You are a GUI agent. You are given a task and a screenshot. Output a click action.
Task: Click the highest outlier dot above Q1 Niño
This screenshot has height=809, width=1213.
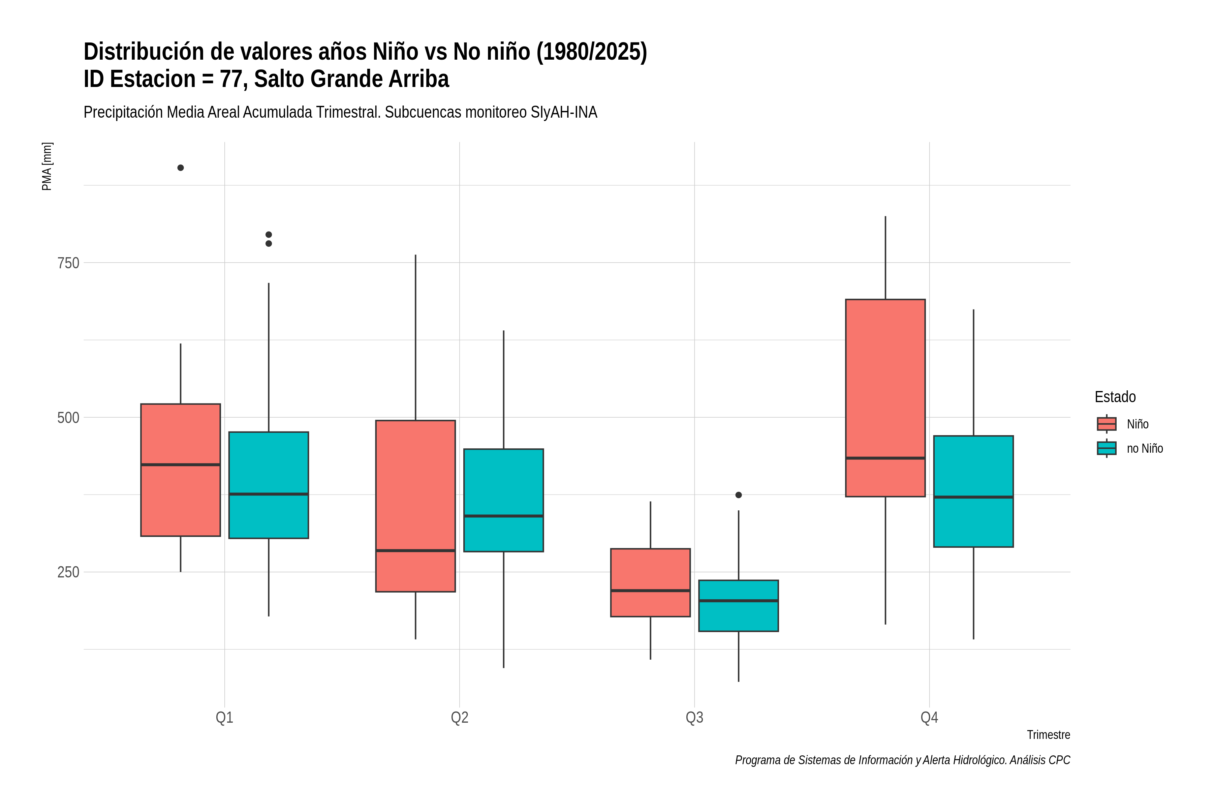tap(181, 168)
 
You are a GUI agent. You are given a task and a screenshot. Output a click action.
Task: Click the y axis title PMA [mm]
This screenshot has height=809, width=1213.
tap(47, 166)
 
